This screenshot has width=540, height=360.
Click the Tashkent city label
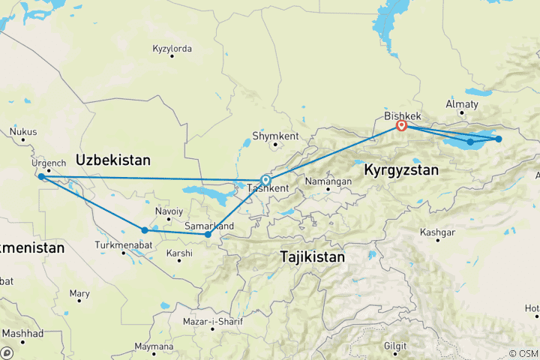(x=267, y=188)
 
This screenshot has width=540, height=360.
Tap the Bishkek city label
(x=403, y=116)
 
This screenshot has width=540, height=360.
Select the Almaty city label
(x=461, y=103)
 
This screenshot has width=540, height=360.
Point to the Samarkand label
(x=209, y=226)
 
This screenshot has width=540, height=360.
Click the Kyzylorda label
(x=172, y=49)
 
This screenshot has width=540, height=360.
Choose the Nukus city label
(x=23, y=131)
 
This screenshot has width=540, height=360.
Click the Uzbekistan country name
(x=112, y=160)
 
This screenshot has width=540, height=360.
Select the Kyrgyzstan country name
(x=400, y=171)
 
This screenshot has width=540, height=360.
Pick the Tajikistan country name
(x=312, y=256)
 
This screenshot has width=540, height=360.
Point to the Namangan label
(x=328, y=181)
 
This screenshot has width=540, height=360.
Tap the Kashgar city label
(x=439, y=232)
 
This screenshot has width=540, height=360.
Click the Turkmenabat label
(x=123, y=244)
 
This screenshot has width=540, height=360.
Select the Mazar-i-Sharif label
(x=212, y=322)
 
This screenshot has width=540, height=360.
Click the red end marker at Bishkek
(x=401, y=125)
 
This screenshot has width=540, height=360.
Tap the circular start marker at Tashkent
(x=265, y=180)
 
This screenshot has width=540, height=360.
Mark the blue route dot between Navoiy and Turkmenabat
(x=144, y=230)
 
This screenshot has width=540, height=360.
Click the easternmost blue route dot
(x=498, y=139)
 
